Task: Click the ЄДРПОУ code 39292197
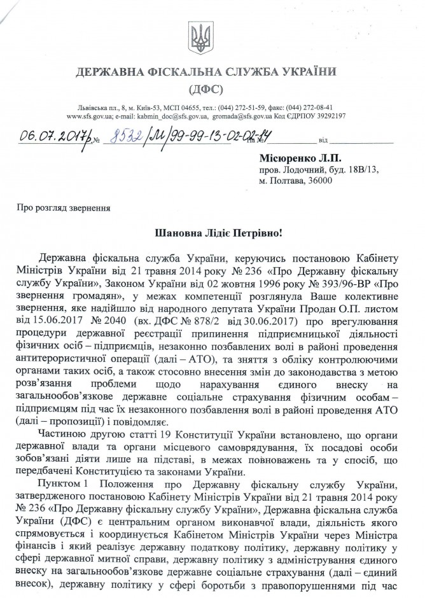330,117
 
